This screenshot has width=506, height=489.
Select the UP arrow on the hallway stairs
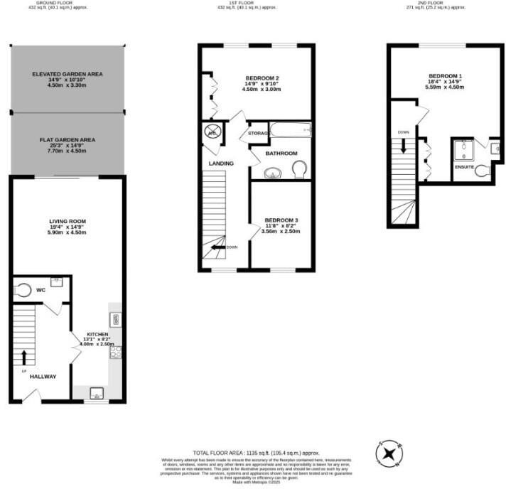click(x=25, y=357)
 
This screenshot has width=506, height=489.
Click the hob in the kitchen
click(x=114, y=352)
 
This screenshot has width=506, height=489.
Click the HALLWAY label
click(x=43, y=377)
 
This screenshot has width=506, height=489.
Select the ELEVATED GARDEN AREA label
click(x=67, y=74)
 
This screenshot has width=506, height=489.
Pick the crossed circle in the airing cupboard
click(x=212, y=131)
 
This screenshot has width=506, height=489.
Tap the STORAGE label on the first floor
click(x=257, y=133)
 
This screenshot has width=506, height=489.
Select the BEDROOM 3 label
click(x=281, y=220)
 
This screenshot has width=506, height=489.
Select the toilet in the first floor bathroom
click(x=299, y=170)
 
